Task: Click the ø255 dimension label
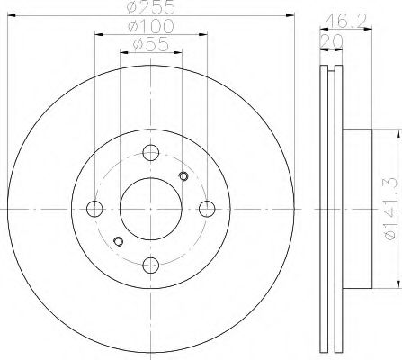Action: (x=151, y=7)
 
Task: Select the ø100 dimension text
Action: (x=151, y=26)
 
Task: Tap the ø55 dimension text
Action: (x=151, y=45)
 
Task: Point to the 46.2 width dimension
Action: (x=346, y=21)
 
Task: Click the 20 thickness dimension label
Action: (x=332, y=41)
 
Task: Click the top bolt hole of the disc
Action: (x=150, y=153)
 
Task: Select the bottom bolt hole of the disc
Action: (x=150, y=265)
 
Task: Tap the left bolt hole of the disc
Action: (x=94, y=209)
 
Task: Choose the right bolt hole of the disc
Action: (x=207, y=209)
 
